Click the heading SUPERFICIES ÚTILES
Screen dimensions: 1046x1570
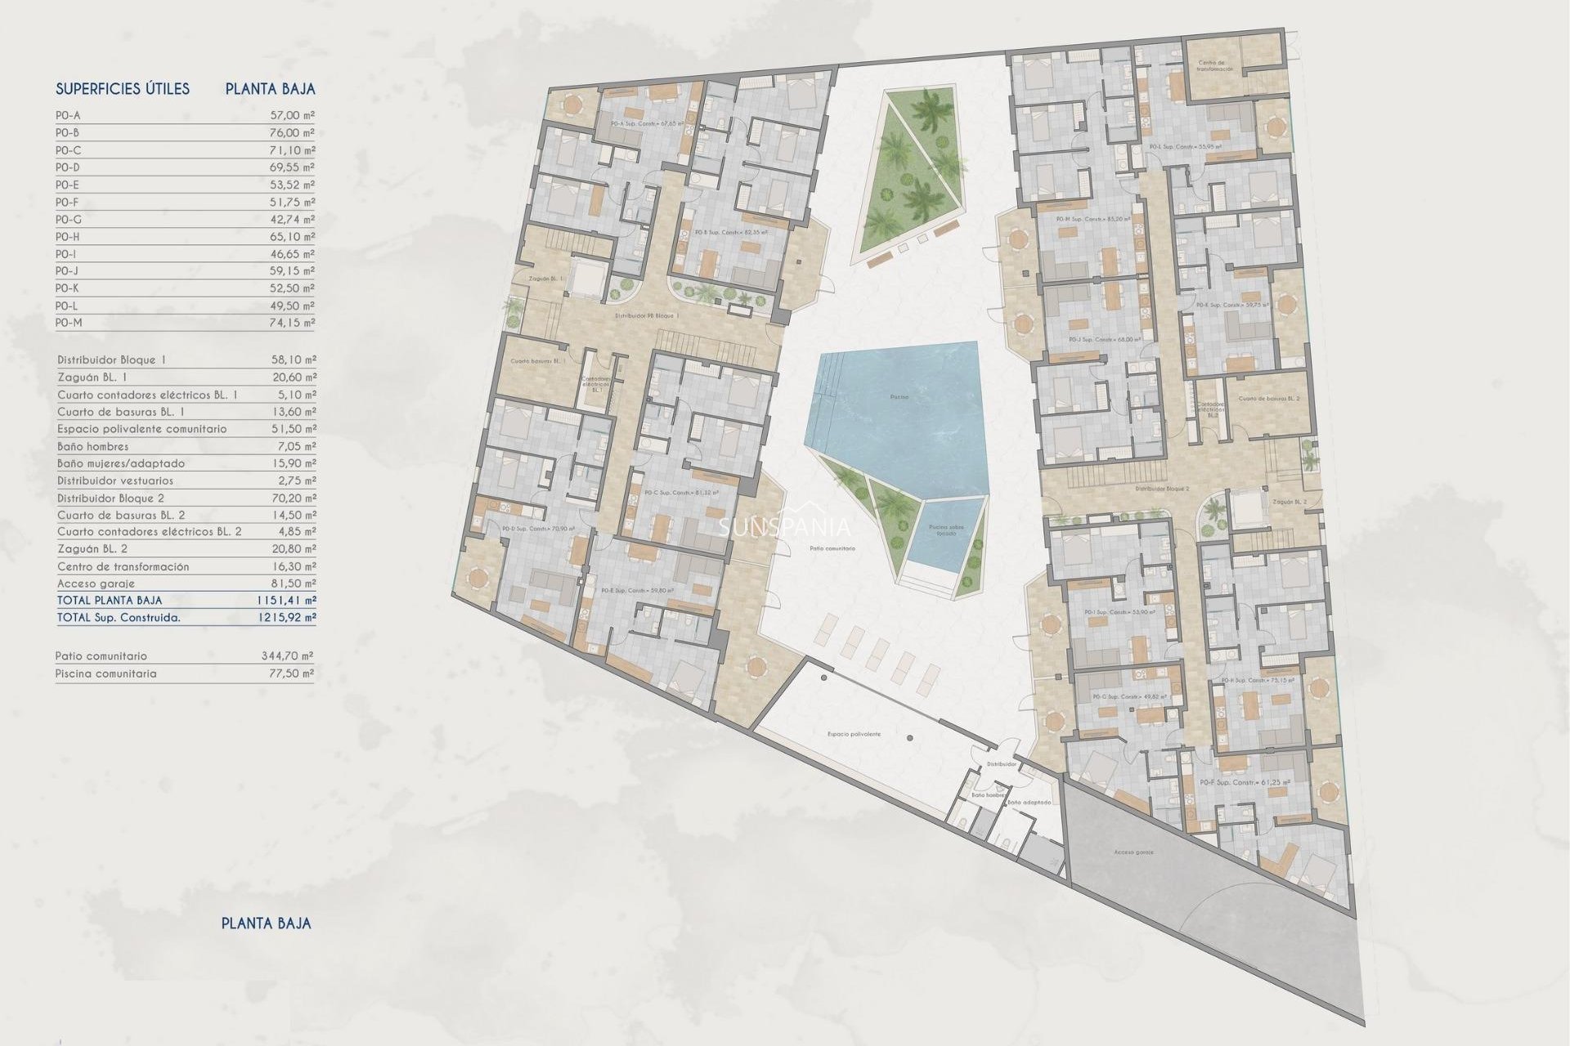click(x=123, y=89)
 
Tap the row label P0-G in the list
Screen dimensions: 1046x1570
click(x=69, y=220)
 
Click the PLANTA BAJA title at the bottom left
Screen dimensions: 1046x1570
click(x=266, y=923)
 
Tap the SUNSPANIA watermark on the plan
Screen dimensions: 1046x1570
click(x=784, y=528)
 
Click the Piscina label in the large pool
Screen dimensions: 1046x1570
click(x=899, y=397)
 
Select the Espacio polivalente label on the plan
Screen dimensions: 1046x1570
click(x=854, y=735)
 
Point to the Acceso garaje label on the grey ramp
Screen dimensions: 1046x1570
click(x=1133, y=852)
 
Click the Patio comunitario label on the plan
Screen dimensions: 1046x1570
click(x=832, y=549)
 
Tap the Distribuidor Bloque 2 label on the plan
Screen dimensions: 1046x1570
click(x=1162, y=489)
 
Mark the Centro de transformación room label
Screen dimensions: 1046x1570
click(x=1215, y=66)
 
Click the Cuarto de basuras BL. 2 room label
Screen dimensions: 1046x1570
click(x=1268, y=400)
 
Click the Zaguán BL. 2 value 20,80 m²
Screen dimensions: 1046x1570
click(x=293, y=549)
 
